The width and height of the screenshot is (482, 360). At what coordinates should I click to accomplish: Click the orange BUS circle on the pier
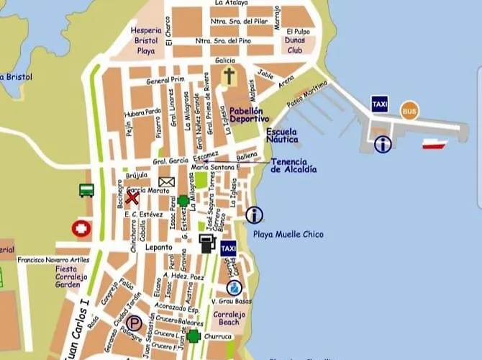[409, 110]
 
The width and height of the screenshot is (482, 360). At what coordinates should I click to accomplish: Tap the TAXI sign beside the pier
[381, 104]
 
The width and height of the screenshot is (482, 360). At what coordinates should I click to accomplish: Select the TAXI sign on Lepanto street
[229, 248]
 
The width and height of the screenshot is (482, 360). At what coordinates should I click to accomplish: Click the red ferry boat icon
[434, 144]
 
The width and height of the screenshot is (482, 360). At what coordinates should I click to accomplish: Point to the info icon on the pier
[383, 144]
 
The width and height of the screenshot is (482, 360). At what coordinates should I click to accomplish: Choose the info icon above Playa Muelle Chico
[254, 215]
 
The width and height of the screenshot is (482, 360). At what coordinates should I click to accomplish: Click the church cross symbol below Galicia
[229, 77]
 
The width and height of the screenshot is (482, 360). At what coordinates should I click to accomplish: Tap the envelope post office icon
[167, 182]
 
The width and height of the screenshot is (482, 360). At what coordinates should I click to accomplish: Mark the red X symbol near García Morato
[132, 197]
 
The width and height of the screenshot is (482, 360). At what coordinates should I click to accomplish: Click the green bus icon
[86, 190]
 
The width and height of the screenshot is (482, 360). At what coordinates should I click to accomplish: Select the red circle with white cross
[82, 229]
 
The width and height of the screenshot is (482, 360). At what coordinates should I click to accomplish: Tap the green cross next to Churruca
[193, 336]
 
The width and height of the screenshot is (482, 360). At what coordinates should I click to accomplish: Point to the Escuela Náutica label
[281, 137]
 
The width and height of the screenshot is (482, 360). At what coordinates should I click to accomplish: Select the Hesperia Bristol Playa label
[146, 41]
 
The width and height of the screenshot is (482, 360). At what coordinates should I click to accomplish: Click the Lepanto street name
[158, 246]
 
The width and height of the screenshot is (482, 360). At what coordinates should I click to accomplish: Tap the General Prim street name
[165, 80]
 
